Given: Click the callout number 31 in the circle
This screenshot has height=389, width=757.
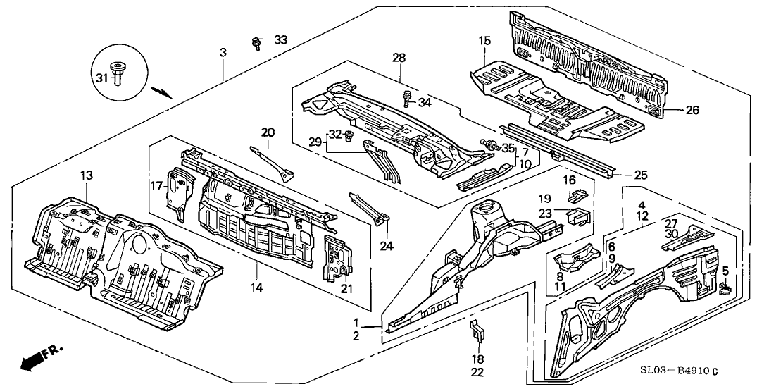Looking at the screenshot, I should [x=101, y=78].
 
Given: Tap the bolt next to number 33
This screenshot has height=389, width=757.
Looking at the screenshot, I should [x=257, y=43].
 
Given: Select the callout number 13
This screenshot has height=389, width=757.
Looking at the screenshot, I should [x=86, y=175].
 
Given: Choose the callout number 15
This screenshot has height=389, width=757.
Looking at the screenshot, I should [x=484, y=42].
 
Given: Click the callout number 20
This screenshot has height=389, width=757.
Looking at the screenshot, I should [x=268, y=132].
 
